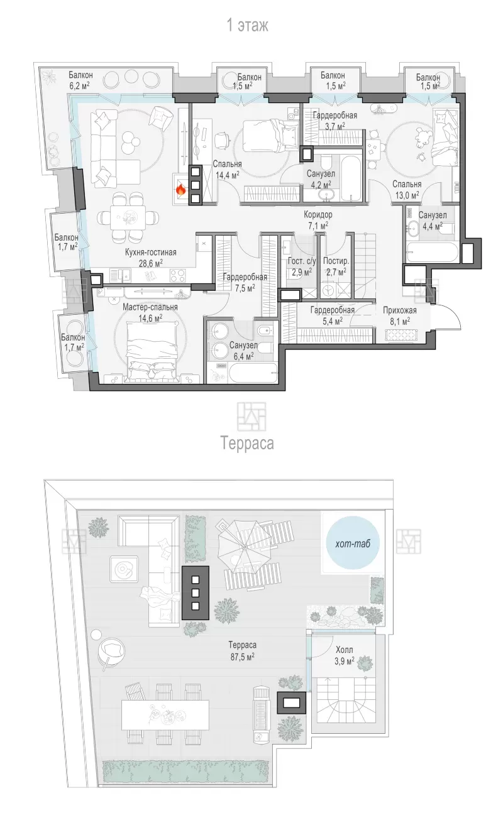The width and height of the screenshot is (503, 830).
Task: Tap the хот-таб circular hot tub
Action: pos(353,543)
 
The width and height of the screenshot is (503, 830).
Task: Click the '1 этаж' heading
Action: pos(248,26)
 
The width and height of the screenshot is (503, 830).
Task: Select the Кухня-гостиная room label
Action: pos(150,253)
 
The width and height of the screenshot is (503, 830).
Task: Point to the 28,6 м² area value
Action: pos(150,263)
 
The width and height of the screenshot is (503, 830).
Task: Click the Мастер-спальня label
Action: pos(150,307)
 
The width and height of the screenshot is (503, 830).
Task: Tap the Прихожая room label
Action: pos(400,310)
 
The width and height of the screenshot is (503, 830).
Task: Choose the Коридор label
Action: pos(318,214)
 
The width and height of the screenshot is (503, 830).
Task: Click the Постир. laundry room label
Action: pos(336,261)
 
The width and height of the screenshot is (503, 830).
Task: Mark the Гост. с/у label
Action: pos(302,261)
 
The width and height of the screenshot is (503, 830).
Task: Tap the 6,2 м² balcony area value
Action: pos(79,86)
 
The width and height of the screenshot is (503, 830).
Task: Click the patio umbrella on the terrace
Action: pos(243,547)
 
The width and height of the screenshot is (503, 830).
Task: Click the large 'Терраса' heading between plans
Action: pos(248,443)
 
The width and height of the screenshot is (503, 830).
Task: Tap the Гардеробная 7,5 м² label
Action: pos(245,282)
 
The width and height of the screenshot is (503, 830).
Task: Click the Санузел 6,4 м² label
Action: pos(243,351)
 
